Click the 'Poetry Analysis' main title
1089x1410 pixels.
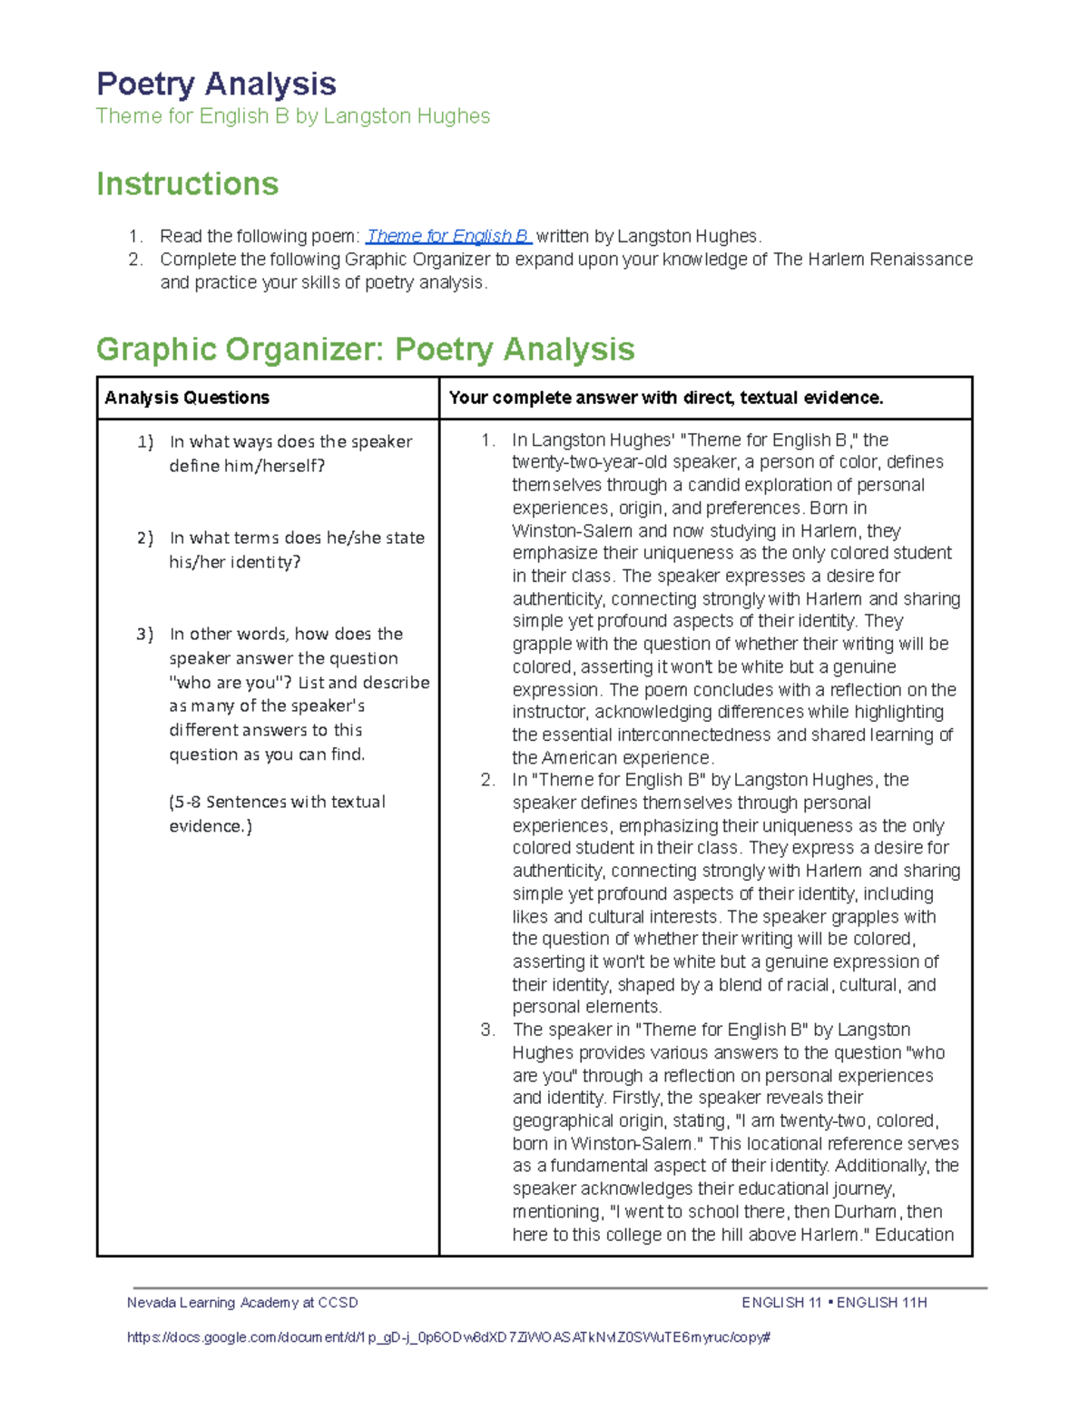click(x=216, y=84)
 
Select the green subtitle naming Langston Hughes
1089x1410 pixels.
click(x=292, y=116)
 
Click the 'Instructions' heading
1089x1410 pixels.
click(x=187, y=184)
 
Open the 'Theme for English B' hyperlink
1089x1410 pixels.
click(x=447, y=236)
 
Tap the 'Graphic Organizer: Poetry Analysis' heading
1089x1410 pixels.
click(x=365, y=350)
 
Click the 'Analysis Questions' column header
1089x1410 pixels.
click(x=187, y=398)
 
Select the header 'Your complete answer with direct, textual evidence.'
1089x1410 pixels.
click(x=665, y=398)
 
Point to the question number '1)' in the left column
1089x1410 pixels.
click(x=145, y=442)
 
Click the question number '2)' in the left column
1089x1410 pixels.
click(x=145, y=537)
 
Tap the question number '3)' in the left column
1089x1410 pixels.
click(x=145, y=634)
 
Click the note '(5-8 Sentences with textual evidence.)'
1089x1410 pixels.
click(x=277, y=813)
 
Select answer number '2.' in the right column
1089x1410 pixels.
click(x=488, y=780)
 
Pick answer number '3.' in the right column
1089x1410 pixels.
click(x=488, y=1030)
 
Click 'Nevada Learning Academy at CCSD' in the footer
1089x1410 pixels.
click(x=242, y=1302)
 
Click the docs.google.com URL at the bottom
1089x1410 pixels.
click(x=448, y=1336)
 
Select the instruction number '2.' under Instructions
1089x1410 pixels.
click(x=135, y=260)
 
